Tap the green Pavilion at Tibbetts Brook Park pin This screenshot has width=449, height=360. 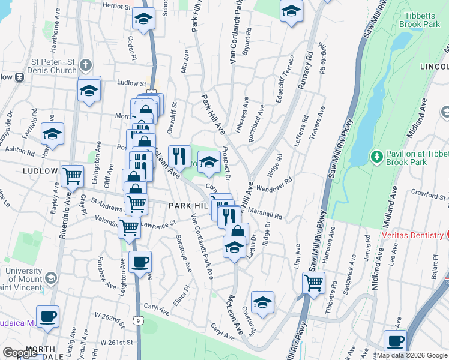tap(376, 157)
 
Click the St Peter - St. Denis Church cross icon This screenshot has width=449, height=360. tap(86, 65)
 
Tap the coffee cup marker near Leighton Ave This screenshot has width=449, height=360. tap(140, 262)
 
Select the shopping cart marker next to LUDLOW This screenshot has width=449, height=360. tap(72, 176)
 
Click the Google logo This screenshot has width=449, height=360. tap(20, 353)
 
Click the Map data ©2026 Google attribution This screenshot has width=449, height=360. tap(412, 355)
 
